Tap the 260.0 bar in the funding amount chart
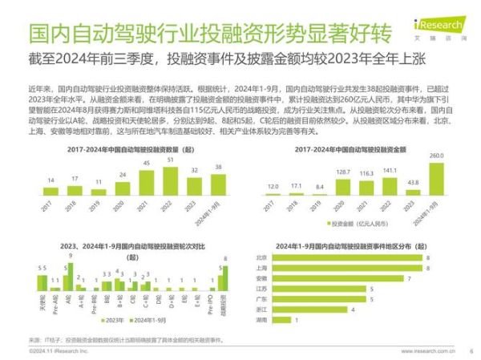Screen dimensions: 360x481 438,176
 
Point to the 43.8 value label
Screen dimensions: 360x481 413,181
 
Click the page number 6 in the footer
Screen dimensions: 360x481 471,350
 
